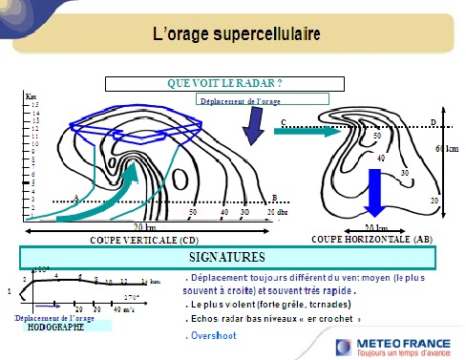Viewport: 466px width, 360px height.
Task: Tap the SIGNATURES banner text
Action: coord(226,257)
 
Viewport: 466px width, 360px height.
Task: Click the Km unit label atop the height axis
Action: coord(31,97)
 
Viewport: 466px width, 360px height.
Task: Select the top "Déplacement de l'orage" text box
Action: coord(262,98)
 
